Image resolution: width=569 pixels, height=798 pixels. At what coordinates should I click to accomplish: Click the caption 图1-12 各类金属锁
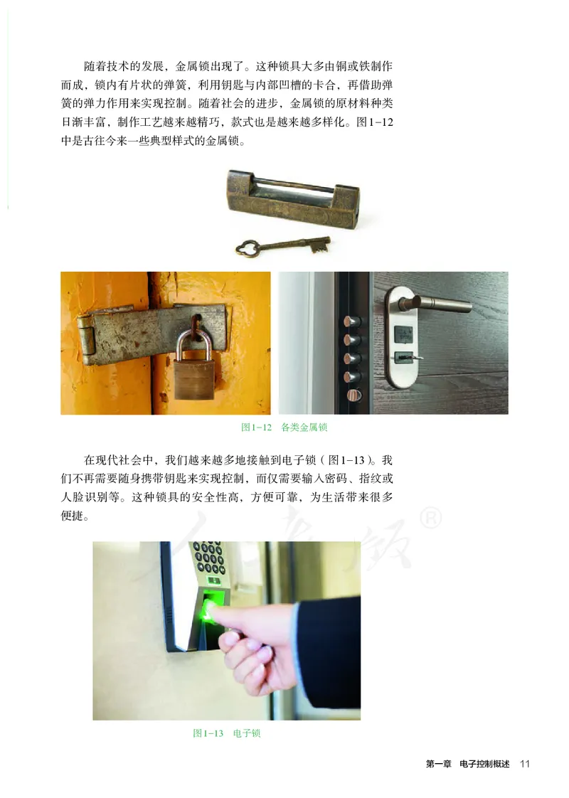pyautogui.click(x=284, y=427)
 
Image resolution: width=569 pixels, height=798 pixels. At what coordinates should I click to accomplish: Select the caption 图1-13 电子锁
pyautogui.click(x=227, y=733)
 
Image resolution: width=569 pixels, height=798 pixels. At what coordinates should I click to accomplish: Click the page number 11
pyautogui.click(x=525, y=764)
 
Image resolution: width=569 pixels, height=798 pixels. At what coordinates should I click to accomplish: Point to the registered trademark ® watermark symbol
pyautogui.click(x=428, y=518)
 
